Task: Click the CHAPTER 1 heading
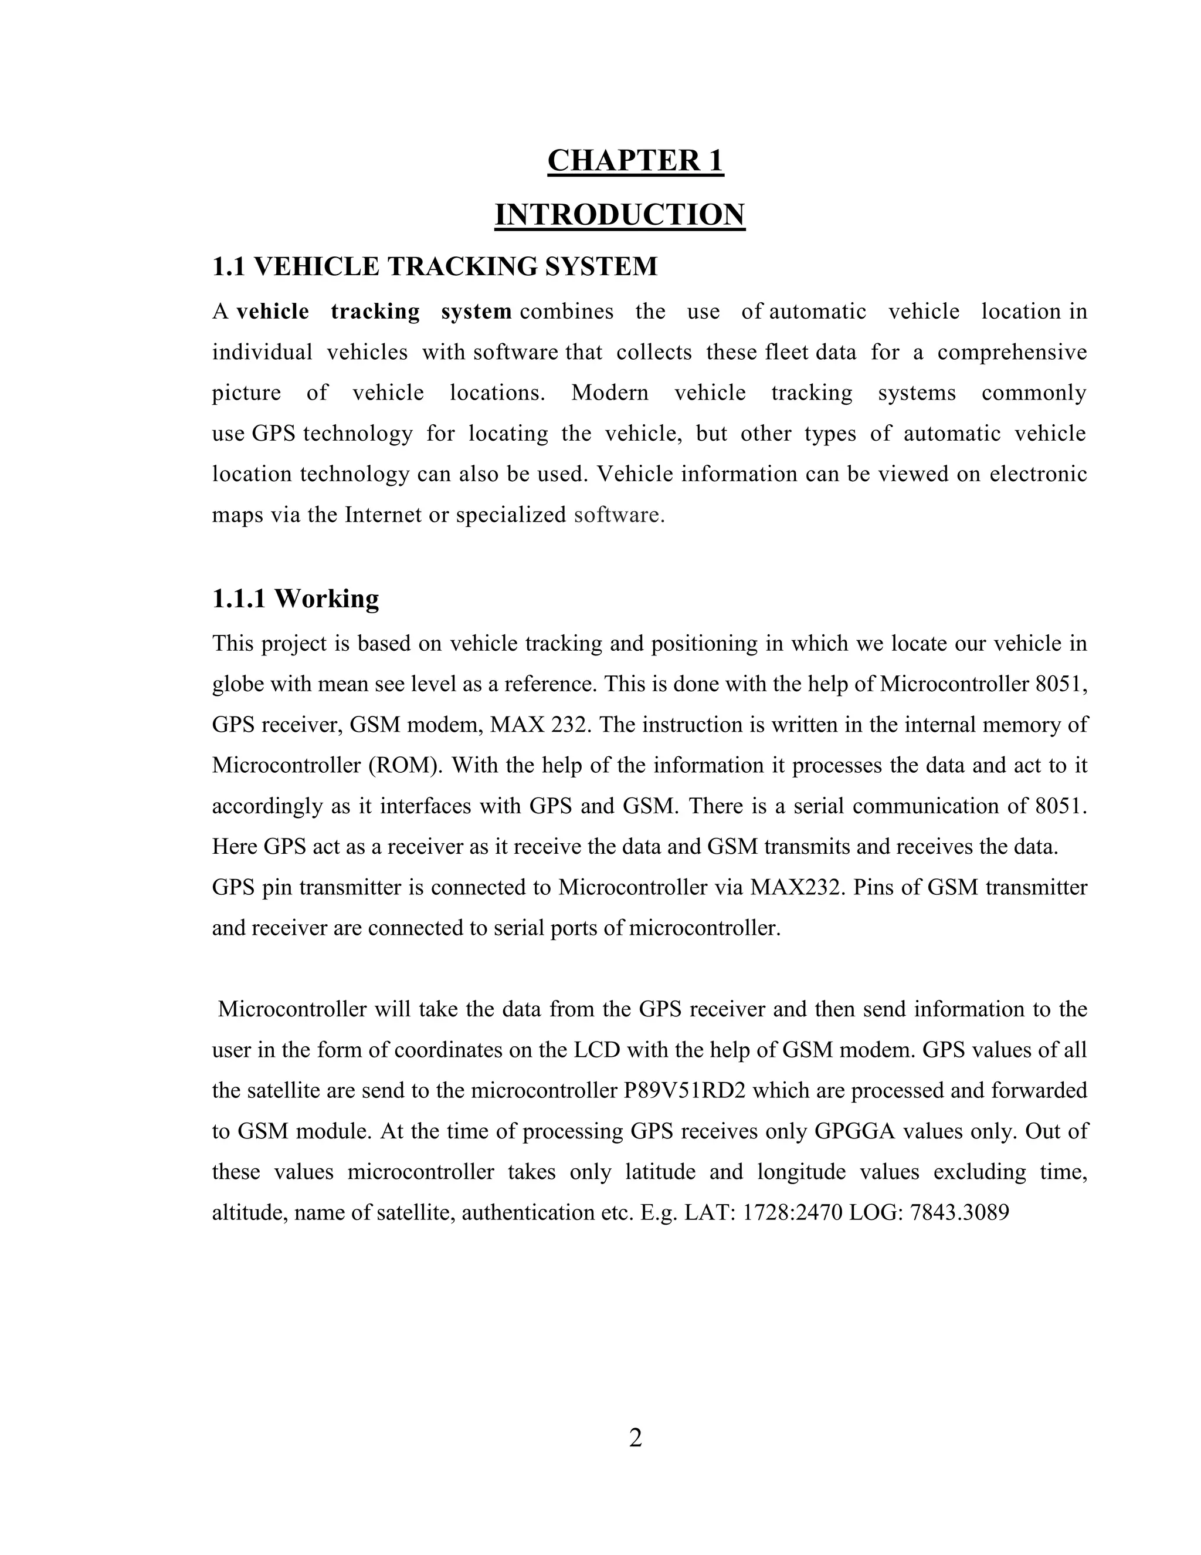635,161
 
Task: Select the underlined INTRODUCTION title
619,215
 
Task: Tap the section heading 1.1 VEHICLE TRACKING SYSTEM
435,267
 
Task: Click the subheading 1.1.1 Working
296,599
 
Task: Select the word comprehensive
1011,353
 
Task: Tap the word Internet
383,515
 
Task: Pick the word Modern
609,393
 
